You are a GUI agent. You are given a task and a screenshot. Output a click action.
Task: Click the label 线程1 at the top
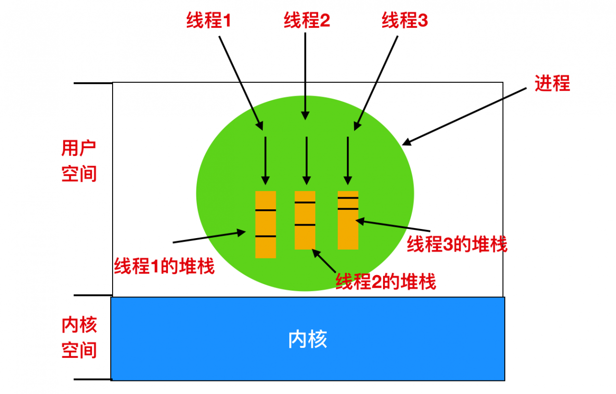[208, 20]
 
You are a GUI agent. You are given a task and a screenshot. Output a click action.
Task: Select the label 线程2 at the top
[307, 20]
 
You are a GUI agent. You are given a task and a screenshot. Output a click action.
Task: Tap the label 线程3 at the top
[405, 20]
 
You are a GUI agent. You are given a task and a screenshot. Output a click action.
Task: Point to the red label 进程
[552, 83]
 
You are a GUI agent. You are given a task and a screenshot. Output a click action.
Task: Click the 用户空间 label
[79, 161]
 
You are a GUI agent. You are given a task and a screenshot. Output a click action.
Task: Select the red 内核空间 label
[79, 337]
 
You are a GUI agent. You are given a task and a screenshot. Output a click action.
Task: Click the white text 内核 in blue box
[308, 339]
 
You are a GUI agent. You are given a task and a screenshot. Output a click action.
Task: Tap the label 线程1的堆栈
[164, 266]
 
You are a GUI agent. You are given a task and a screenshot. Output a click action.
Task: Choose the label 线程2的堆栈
[385, 281]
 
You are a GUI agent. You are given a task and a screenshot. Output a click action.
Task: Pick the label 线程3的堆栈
[457, 244]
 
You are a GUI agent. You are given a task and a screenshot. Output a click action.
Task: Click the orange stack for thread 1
[266, 224]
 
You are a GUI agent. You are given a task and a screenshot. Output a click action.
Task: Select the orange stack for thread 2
[305, 220]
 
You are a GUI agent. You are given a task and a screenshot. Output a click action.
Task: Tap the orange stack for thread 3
[348, 220]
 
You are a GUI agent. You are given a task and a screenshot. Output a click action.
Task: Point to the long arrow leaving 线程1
[241, 83]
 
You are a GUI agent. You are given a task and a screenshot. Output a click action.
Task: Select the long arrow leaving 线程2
[305, 76]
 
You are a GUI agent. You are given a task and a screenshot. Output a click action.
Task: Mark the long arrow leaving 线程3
[376, 83]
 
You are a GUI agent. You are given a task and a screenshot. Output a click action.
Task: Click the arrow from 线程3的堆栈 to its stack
[393, 226]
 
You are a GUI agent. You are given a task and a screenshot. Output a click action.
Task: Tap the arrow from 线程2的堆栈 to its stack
[324, 261]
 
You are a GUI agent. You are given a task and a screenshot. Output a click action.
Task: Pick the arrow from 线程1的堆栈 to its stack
[209, 237]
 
